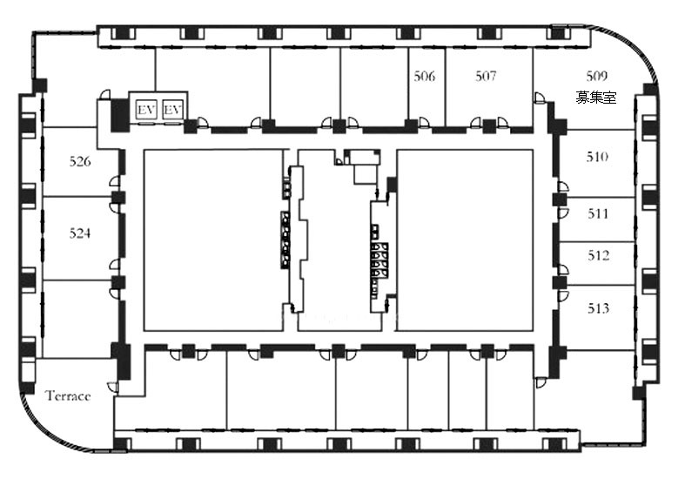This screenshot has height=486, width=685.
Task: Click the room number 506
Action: [x=425, y=77]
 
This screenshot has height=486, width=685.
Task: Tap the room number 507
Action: [x=486, y=77]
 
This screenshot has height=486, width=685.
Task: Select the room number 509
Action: [x=597, y=76]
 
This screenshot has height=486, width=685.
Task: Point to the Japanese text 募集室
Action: [x=596, y=97]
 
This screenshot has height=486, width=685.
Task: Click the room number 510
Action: [x=597, y=157]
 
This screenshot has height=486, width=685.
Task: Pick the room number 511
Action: [x=598, y=213]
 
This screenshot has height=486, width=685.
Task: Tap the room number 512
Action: [x=598, y=255]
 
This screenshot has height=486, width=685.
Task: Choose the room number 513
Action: [x=598, y=308]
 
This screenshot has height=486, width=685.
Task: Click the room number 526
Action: [x=80, y=162]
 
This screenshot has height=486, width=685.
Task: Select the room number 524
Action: [x=80, y=233]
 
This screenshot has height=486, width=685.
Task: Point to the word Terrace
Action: [x=68, y=396]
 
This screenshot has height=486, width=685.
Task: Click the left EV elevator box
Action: [x=146, y=109]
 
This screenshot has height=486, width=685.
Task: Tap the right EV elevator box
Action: [x=172, y=109]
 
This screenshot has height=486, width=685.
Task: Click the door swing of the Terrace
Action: [x=112, y=388]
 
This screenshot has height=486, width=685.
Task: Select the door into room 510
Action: [x=563, y=186]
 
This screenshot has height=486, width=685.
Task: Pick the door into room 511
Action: [x=563, y=213]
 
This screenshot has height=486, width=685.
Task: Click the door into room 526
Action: [x=115, y=181]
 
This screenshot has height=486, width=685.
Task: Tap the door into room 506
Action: [x=424, y=123]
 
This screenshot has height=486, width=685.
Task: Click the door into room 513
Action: [x=563, y=295]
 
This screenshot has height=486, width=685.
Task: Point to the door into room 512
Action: [x=563, y=270]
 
